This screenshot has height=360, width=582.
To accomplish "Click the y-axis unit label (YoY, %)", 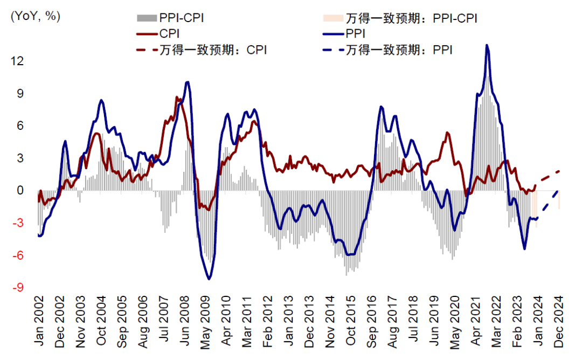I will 36,16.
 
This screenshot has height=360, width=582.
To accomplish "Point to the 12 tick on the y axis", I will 17,61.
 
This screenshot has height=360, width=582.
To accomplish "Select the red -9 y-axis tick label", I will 18,288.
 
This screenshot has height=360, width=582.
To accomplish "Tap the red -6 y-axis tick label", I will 18,255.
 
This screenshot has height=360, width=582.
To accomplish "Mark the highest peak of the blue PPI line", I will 487,45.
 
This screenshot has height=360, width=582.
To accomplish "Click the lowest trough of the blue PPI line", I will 209,279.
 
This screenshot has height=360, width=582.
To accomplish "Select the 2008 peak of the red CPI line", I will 177,98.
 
